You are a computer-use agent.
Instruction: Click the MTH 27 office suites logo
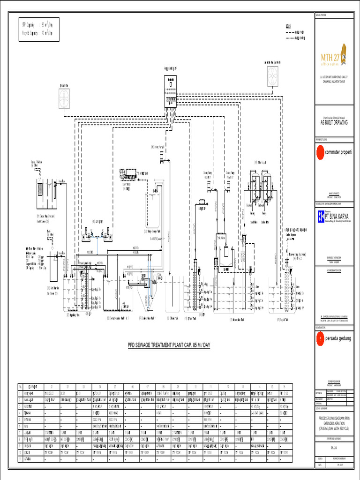(333, 55)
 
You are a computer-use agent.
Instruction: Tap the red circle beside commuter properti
(320, 152)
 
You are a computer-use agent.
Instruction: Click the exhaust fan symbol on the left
(64, 99)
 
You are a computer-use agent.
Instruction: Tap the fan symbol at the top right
(272, 75)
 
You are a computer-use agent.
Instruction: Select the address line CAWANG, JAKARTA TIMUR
(333, 81)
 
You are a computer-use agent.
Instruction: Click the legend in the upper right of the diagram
(294, 32)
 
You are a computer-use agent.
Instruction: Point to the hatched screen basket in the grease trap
(40, 190)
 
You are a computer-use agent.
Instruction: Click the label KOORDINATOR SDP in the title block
(333, 270)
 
